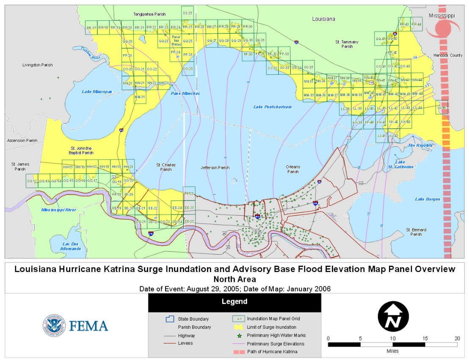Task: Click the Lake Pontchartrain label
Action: click(x=273, y=107)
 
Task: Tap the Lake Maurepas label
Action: click(x=97, y=91)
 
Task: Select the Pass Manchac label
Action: click(x=185, y=93)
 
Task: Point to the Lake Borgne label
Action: click(x=428, y=199)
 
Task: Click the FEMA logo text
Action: click(x=89, y=326)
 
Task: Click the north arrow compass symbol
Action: click(x=393, y=317)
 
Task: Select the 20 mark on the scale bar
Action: click(x=457, y=338)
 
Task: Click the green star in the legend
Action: click(x=239, y=335)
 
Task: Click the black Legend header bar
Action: click(x=234, y=302)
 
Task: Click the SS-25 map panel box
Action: click(x=188, y=13)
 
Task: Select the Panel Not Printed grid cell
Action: click(x=176, y=41)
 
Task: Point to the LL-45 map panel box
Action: click(x=442, y=107)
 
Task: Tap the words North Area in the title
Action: click(x=234, y=279)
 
